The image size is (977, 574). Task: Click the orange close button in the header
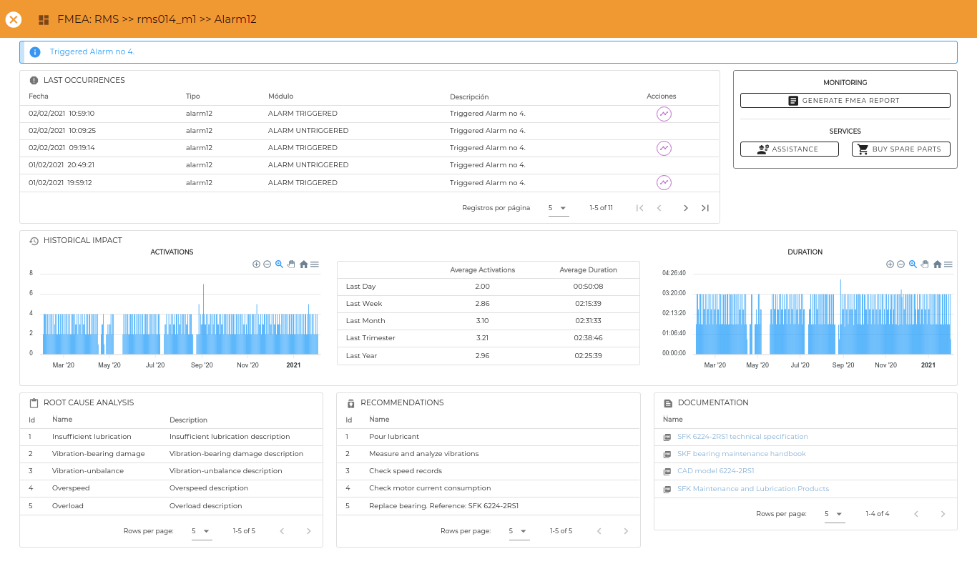point(14,19)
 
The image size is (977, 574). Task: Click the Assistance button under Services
point(789,149)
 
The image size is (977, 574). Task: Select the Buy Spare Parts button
point(900,149)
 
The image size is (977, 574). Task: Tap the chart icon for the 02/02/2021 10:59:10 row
point(664,114)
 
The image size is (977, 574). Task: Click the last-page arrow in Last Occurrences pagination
point(704,208)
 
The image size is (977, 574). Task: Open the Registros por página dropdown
point(558,208)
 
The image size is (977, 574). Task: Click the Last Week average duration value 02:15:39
point(588,303)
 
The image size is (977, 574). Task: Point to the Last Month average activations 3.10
point(482,321)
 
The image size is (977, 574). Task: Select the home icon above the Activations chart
point(303,264)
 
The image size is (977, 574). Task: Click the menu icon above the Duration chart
point(948,264)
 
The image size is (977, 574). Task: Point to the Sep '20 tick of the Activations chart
point(202,365)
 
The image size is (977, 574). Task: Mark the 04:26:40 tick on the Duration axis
point(674,273)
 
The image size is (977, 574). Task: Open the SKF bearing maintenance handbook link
point(741,454)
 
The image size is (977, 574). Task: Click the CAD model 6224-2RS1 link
point(715,470)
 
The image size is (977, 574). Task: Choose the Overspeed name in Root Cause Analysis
point(71,488)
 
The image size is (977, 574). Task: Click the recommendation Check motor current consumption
point(430,488)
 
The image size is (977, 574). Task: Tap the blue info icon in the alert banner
point(35,52)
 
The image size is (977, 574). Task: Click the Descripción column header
point(469,97)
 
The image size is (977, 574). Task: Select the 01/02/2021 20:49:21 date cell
point(61,164)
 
